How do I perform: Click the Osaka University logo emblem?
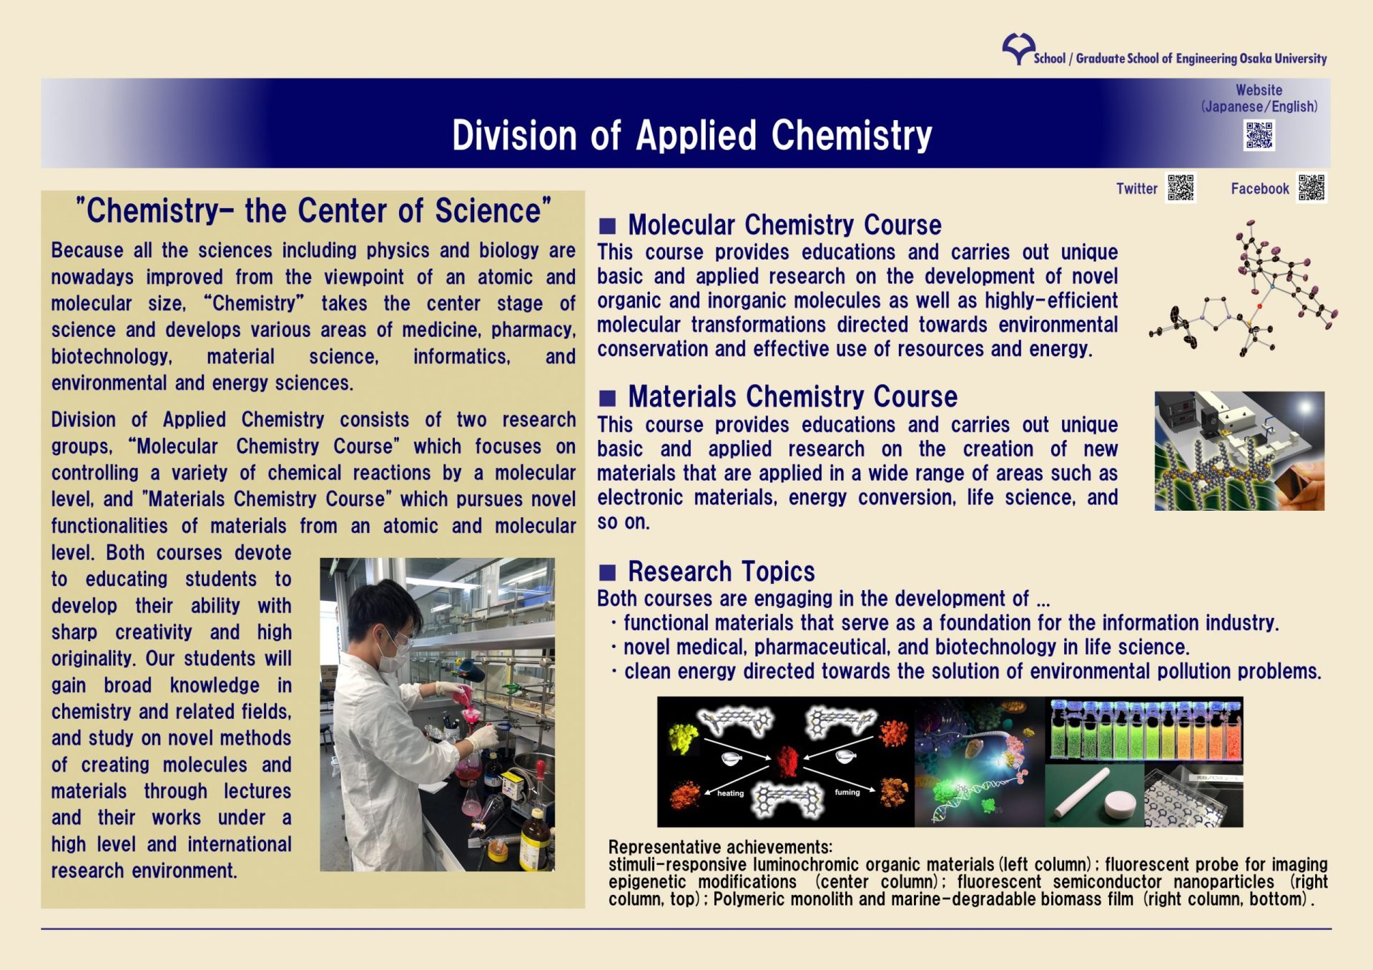[1018, 48]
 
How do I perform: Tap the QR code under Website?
[1259, 135]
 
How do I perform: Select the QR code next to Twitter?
[1181, 188]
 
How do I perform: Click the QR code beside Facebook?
[1312, 188]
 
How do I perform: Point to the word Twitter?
[1136, 189]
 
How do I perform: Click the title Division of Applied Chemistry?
[692, 135]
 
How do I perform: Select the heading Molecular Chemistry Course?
[784, 225]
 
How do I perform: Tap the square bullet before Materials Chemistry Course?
[607, 398]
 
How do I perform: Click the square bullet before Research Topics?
[607, 572]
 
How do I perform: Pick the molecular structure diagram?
[1244, 290]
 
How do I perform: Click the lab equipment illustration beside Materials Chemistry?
[1239, 451]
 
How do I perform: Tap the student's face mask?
[392, 657]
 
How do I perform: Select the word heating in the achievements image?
[730, 793]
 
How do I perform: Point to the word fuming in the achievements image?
[847, 792]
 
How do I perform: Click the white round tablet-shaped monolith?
[1124, 803]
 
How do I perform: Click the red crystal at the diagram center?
[787, 761]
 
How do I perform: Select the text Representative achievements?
[720, 847]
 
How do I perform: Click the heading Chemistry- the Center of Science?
[313, 211]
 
